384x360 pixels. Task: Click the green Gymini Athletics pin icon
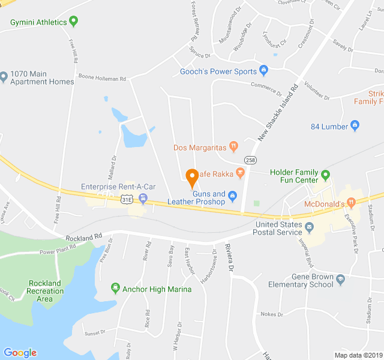click(74, 22)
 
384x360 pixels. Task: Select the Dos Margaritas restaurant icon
click(234, 146)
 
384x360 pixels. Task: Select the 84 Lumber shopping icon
click(355, 126)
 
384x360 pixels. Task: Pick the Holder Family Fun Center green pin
click(326, 176)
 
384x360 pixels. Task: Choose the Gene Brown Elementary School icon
click(341, 280)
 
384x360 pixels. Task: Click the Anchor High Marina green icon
click(115, 289)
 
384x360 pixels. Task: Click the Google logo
click(20, 353)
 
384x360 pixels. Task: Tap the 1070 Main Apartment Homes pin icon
click(4, 77)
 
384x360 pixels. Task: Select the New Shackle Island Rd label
click(278, 113)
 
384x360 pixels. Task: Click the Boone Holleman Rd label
click(102, 78)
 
